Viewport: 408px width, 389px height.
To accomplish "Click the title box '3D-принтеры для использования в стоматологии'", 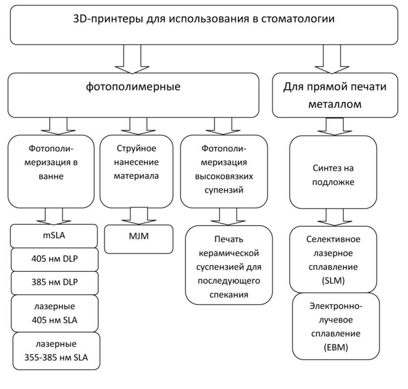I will (203, 25).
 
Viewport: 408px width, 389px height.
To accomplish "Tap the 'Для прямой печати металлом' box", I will (335, 95).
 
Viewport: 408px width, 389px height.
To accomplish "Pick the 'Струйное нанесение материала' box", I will (136, 170).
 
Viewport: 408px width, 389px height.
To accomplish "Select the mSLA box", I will (53, 236).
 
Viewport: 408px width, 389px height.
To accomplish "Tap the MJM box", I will (139, 238).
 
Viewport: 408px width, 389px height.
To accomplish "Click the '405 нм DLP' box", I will (53, 259).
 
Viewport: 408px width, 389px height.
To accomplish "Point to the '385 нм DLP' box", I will (53, 283).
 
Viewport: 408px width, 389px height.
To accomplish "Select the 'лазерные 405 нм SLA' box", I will (54, 313).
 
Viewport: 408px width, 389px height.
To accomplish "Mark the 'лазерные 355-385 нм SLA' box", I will (57, 351).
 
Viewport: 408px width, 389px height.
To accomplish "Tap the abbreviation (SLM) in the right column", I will (335, 280).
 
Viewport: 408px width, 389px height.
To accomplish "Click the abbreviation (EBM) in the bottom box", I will (336, 348).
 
